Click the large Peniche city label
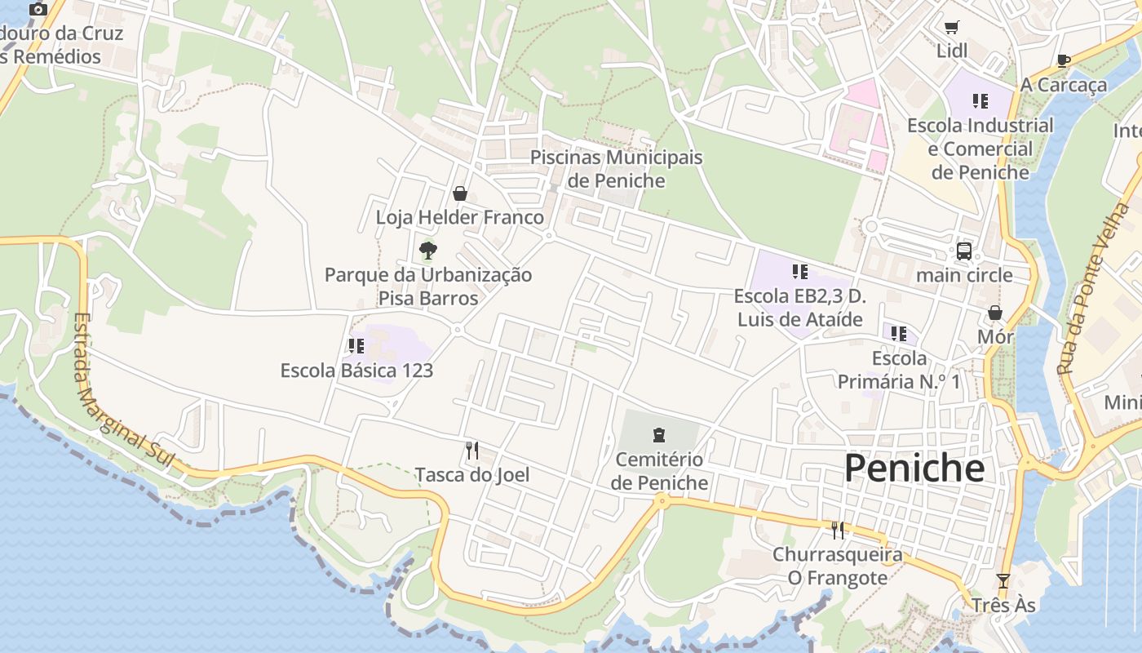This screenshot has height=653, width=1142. (x=914, y=469)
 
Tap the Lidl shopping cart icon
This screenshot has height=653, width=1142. (x=951, y=27)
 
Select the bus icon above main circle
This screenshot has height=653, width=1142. (x=964, y=251)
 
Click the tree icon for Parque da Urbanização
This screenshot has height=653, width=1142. (x=427, y=251)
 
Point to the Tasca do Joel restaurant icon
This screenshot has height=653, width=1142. (x=471, y=450)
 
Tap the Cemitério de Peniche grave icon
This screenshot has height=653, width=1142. (x=659, y=435)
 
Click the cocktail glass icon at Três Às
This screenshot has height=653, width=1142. (x=1003, y=581)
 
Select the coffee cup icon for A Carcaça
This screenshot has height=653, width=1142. (x=1064, y=60)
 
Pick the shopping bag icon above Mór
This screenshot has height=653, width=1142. (x=995, y=313)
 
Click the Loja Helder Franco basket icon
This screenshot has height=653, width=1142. (x=460, y=193)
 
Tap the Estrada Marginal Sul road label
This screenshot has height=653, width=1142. (x=122, y=392)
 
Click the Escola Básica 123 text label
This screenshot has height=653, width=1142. (x=356, y=371)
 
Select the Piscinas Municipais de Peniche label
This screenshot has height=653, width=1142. (x=616, y=168)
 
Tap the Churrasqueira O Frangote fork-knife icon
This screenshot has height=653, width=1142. (x=838, y=531)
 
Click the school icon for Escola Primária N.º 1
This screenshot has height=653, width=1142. (x=899, y=333)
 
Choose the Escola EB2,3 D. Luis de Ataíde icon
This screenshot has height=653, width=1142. (x=799, y=271)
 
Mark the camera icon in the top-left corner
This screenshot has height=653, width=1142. (x=38, y=10)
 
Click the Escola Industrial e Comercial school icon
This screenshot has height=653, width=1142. (x=980, y=101)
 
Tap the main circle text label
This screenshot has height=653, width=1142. (x=964, y=275)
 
